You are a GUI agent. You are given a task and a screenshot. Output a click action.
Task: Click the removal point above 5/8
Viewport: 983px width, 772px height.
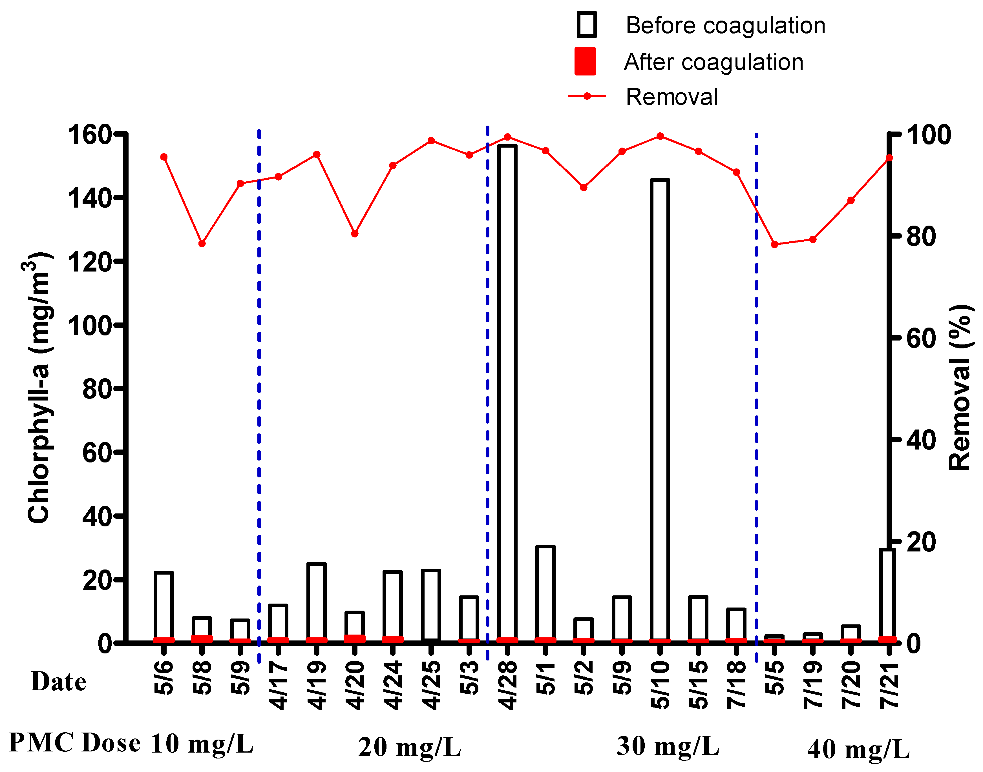(202, 244)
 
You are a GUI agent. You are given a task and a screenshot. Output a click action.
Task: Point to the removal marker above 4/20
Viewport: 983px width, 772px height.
(355, 234)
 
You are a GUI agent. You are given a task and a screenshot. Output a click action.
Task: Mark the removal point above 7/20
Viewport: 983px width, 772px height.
(851, 200)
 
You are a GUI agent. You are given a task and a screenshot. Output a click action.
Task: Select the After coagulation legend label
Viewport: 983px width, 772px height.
(713, 62)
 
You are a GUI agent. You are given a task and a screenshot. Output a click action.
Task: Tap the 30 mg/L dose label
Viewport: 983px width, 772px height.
(667, 746)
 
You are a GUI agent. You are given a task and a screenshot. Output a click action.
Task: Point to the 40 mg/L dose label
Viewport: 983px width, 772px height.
(858, 750)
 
